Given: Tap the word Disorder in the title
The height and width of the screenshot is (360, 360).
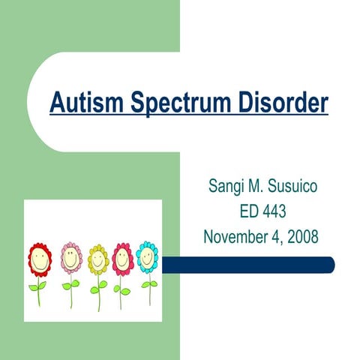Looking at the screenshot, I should (281, 103).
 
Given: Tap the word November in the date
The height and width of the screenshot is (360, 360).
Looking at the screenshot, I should (237, 237).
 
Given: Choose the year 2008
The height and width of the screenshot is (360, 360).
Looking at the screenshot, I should (301, 237).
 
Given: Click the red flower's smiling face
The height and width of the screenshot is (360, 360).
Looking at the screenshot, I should (40, 259).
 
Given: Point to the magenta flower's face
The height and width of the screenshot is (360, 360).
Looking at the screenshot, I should (122, 259).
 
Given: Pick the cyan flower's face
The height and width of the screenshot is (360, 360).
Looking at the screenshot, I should (148, 257).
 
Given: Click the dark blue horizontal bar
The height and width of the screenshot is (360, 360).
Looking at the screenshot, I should (247, 265).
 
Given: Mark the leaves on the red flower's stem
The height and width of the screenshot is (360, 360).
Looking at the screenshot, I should (37, 286).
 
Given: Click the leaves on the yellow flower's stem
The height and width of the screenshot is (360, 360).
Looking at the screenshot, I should (98, 286).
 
